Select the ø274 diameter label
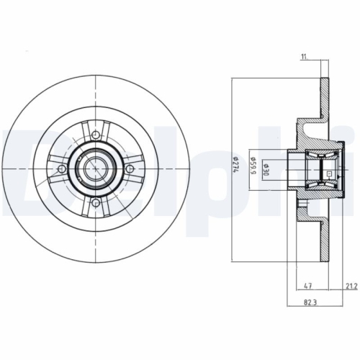235,169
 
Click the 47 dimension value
307,286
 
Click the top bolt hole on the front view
96,134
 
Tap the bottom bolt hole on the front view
96,203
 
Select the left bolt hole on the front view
61,168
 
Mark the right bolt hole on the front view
130,168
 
